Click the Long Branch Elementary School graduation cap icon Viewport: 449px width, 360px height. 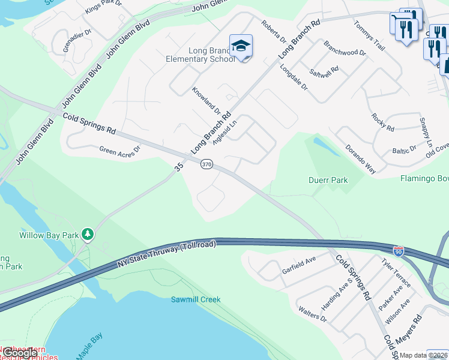pyautogui.click(x=241, y=46)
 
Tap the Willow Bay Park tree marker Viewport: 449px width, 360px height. pyautogui.click(x=88, y=233)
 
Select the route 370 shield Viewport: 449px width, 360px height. pyautogui.click(x=206, y=164)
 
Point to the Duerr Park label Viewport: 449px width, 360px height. pyautogui.click(x=328, y=180)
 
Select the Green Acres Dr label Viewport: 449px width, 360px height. pyautogui.click(x=119, y=150)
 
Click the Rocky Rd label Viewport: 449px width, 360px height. pyautogui.click(x=382, y=122)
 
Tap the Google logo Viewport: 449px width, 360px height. pyautogui.click(x=20, y=353)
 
